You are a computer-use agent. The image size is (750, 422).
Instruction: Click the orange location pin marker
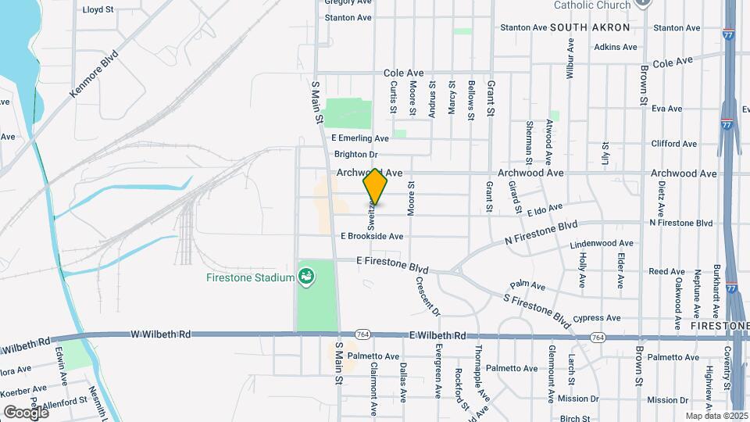coord(376,187)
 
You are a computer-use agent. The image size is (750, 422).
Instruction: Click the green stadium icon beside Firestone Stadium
coord(306,277)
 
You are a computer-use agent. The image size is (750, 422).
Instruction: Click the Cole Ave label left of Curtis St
coord(403,73)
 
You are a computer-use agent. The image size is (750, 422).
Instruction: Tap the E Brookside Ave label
coord(372,236)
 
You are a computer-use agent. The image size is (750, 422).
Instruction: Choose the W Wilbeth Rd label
coord(161,334)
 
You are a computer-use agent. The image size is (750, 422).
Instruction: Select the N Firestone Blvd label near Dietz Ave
coord(681,224)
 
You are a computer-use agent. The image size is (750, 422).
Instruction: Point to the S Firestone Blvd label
coord(537,308)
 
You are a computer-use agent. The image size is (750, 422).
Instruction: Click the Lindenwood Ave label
coord(601,244)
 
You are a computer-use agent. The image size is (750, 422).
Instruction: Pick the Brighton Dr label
coord(355,155)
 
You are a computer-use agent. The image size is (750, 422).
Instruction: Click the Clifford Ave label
coord(673,144)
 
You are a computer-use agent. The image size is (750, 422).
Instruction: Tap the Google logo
coord(25,412)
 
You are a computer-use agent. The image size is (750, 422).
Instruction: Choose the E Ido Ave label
coord(545,209)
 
